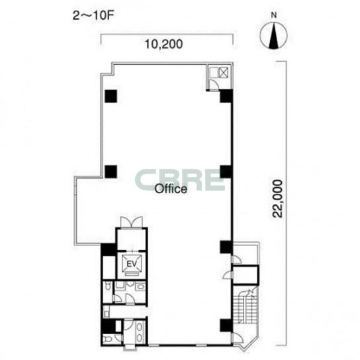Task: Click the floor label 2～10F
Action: [93, 16]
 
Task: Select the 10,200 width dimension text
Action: [163, 44]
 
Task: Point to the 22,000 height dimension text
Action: [278, 199]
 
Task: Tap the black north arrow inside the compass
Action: [273, 36]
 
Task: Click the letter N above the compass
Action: [274, 15]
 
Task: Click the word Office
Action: [171, 189]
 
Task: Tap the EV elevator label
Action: [132, 264]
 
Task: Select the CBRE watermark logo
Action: [180, 180]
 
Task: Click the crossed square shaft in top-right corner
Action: [223, 73]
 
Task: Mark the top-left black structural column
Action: [111, 96]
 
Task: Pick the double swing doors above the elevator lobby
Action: [132, 222]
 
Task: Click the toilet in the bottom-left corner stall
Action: [107, 339]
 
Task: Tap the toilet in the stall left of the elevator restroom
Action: [107, 287]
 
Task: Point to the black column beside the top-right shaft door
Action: [226, 96]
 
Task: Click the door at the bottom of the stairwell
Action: [237, 337]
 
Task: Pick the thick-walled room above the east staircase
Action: [246, 275]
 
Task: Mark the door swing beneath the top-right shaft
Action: [214, 85]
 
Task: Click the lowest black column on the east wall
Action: [226, 326]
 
